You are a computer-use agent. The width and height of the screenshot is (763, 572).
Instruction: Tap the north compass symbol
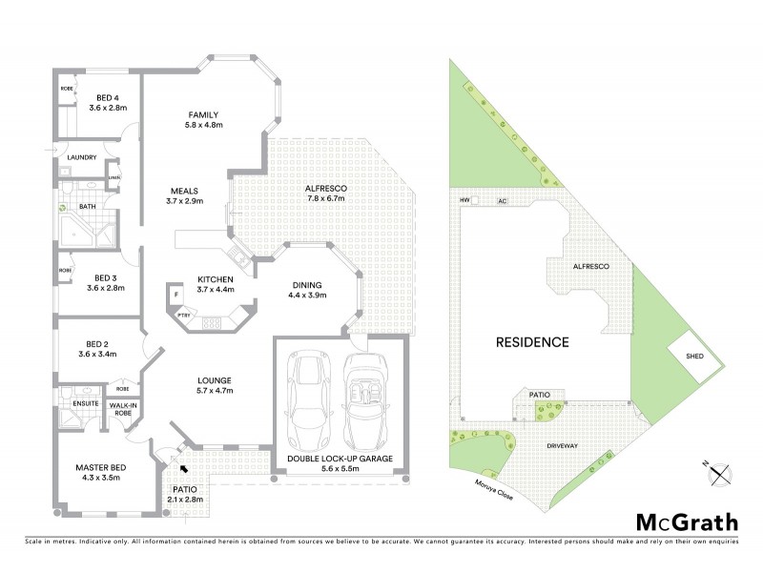[721, 471]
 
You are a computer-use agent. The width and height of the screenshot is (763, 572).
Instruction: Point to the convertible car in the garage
[363, 401]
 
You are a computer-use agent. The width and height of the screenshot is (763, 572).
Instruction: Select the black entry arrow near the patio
[180, 468]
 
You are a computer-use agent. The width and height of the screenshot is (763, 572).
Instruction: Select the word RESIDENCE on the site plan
[531, 341]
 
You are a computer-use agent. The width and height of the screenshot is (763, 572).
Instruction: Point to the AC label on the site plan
[502, 202]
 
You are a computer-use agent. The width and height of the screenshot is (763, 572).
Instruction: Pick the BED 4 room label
[108, 97]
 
